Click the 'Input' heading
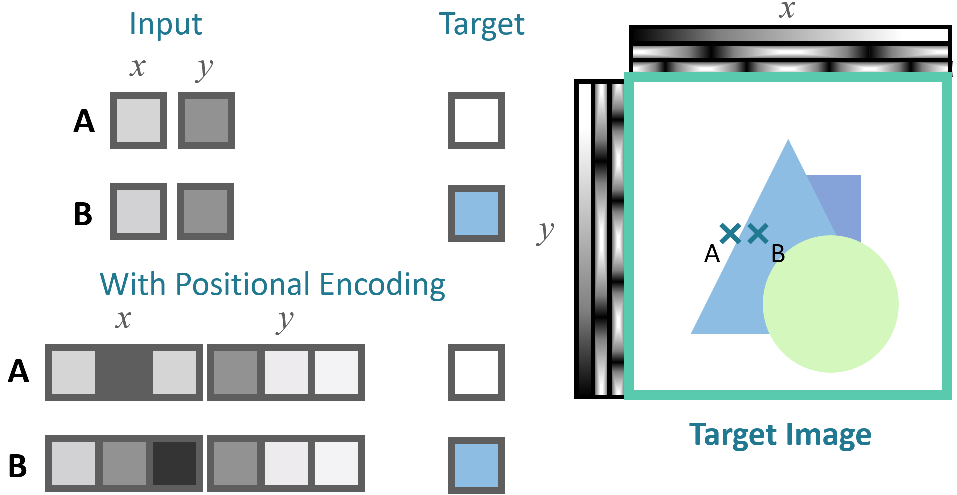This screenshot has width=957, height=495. [x=165, y=24]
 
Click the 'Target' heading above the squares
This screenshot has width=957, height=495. [x=481, y=24]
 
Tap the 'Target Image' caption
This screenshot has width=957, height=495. [x=780, y=435]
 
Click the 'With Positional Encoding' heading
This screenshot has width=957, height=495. [x=272, y=285]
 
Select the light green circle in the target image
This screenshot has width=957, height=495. [x=831, y=304]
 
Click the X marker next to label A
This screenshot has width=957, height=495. [x=730, y=233]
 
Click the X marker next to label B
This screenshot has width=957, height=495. [x=758, y=233]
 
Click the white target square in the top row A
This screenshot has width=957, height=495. [x=476, y=120]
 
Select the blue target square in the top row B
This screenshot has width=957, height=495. [x=476, y=213]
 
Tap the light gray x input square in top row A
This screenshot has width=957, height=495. [x=139, y=120]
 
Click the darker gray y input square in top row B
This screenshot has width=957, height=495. [x=206, y=212]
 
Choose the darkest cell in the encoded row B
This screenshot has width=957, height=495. [x=174, y=463]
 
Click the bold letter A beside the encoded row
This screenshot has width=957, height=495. [x=18, y=371]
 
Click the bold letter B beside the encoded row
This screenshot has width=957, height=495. [x=18, y=466]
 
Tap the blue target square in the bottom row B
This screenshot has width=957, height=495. [x=476, y=465]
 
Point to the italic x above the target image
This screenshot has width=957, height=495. [x=787, y=9]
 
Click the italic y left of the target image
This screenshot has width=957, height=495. [x=546, y=232]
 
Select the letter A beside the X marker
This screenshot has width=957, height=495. [x=712, y=254]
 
